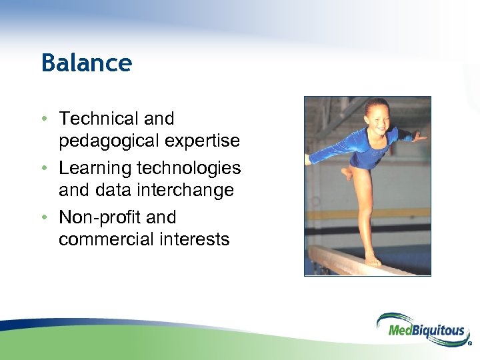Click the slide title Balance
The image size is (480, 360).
(87, 63)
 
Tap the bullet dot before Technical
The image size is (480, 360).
(43, 119)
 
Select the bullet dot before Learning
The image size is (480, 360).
(43, 169)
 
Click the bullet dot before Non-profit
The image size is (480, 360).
(43, 218)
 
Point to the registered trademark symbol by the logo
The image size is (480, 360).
(470, 345)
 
